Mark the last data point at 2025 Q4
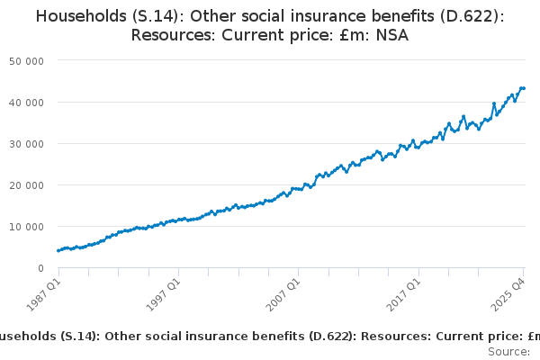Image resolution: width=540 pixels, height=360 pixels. (x=524, y=88)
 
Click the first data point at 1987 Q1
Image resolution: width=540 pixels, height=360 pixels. (x=58, y=250)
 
